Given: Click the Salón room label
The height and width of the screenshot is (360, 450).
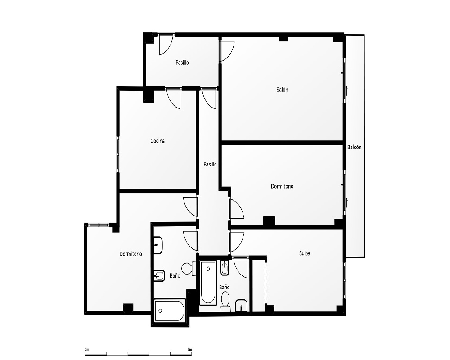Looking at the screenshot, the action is click(282, 90).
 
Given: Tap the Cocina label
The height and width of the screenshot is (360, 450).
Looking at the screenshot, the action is click(157, 141).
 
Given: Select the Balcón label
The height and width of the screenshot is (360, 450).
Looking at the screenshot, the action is click(355, 147).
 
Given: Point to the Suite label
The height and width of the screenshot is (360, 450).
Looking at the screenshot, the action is click(305, 253).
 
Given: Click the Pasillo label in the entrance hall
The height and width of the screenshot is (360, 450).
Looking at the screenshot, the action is click(182, 62).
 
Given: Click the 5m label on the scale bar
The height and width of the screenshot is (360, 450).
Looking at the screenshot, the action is click(189, 349).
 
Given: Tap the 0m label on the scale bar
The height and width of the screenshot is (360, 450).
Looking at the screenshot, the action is click(87, 349).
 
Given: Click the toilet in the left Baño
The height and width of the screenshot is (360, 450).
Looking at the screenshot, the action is click(189, 268).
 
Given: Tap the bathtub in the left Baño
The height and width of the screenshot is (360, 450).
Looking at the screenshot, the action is click(170, 310).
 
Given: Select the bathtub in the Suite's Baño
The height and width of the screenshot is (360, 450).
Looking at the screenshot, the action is click(208, 283).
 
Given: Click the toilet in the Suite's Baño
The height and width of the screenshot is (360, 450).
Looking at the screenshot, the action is click(225, 302).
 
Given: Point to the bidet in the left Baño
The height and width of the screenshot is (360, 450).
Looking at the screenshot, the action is click(159, 276).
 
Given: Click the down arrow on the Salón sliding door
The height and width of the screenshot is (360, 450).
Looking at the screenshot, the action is click(342, 71).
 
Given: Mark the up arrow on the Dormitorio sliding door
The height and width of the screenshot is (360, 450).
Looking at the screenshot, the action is click(346, 202).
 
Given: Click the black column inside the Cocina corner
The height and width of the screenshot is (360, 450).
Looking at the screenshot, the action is click(148, 96).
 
